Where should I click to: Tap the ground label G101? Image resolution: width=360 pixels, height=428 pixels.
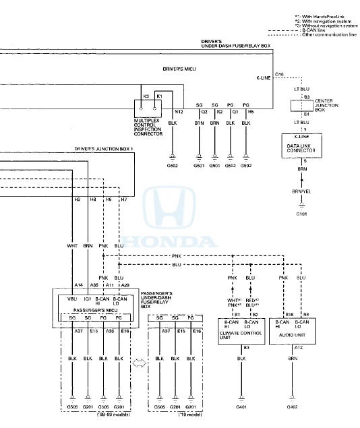click(301, 214)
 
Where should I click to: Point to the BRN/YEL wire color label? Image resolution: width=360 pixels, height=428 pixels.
click(301, 191)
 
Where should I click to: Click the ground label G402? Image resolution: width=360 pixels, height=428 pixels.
click(292, 408)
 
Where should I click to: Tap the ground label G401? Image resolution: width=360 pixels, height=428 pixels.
click(241, 408)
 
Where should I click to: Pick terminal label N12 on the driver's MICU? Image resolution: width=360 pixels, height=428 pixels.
click(179, 111)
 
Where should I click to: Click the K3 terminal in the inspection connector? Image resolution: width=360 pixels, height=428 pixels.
click(144, 97)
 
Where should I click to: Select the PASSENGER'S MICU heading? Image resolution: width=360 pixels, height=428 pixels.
click(94, 307)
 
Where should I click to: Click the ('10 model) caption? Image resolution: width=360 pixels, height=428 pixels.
click(178, 416)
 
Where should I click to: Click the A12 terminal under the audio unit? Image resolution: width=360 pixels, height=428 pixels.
click(291, 348)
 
